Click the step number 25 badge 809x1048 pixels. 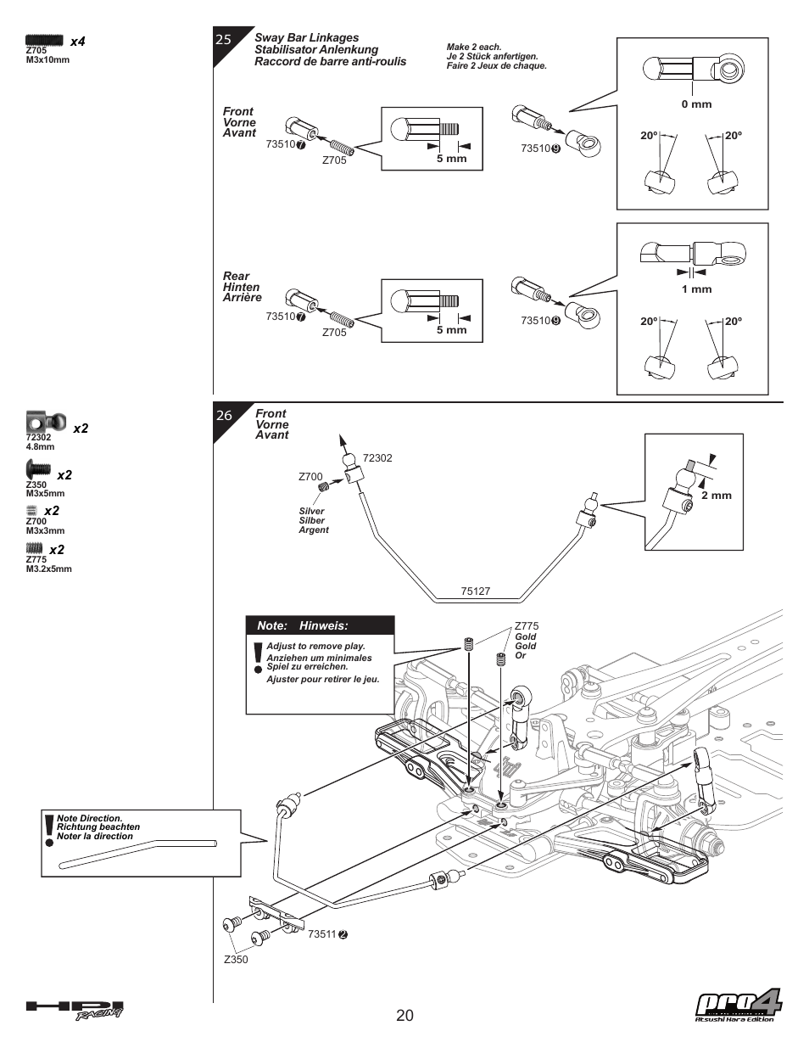pyautogui.click(x=224, y=39)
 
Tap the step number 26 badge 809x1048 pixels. pyautogui.click(x=224, y=415)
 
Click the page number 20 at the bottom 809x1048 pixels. pyautogui.click(x=404, y=1016)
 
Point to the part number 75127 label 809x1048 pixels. pyautogui.click(x=476, y=591)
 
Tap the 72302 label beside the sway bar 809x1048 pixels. pyautogui.click(x=377, y=458)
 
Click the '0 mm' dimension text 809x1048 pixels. pyautogui.click(x=696, y=104)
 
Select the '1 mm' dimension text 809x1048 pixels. pyautogui.click(x=696, y=289)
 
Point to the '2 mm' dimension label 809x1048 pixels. pyautogui.click(x=716, y=496)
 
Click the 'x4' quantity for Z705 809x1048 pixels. pyautogui.click(x=78, y=42)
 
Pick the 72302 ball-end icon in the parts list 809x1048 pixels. pyautogui.click(x=46, y=422)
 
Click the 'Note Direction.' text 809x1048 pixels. pyautogui.click(x=89, y=819)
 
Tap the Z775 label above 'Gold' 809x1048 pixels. pyautogui.click(x=527, y=627)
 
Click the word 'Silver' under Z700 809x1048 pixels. pyautogui.click(x=311, y=512)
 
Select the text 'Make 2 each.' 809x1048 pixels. pyautogui.click(x=474, y=48)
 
